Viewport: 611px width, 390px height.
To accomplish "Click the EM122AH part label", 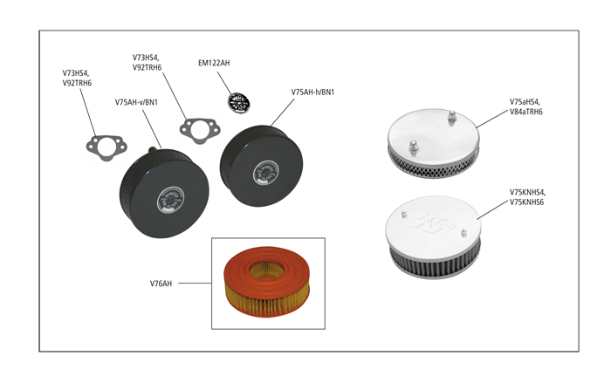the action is click(x=214, y=63).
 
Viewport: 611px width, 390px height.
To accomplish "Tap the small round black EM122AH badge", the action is click(x=239, y=103).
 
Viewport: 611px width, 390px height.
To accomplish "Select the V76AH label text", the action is click(x=161, y=284).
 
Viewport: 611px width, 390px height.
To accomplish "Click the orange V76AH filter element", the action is click(x=267, y=282).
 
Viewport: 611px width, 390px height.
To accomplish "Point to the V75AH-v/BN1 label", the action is click(x=136, y=102).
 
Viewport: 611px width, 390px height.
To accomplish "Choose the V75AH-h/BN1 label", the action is click(x=312, y=92).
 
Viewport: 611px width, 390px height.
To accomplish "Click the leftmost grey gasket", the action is click(x=106, y=147).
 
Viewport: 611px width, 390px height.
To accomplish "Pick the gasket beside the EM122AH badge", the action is click(x=200, y=131).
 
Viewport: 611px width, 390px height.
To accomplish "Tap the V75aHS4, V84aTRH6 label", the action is click(x=526, y=106).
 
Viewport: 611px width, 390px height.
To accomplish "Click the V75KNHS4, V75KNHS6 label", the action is click(x=527, y=197).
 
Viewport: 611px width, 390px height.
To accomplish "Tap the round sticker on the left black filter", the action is click(x=171, y=201).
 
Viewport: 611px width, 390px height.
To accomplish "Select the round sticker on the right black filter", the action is click(x=265, y=173).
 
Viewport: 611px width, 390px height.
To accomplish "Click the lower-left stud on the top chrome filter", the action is click(x=414, y=147).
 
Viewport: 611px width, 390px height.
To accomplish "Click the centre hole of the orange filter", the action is click(x=267, y=270).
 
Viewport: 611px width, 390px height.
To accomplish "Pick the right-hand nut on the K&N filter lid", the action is click(x=463, y=233).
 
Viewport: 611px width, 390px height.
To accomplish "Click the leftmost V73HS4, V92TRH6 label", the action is click(x=77, y=78).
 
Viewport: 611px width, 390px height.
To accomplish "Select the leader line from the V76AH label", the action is click(x=195, y=284).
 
